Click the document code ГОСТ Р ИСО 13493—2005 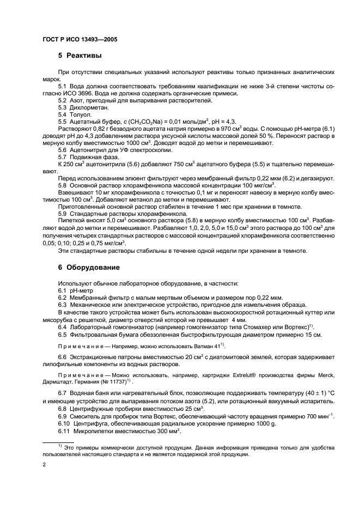(x=79, y=39)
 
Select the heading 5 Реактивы (x=80, y=56)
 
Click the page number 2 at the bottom (x=44, y=465)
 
